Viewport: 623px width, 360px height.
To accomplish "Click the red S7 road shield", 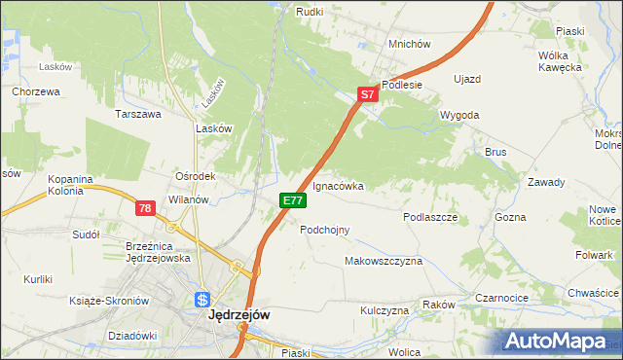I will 366,95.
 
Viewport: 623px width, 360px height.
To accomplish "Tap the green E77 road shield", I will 293,199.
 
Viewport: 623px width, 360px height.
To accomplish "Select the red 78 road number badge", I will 145,208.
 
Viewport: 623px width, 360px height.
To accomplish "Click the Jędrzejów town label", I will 238,315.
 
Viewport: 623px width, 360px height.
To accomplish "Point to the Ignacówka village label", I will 338,185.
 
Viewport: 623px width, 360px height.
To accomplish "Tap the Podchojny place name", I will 325,230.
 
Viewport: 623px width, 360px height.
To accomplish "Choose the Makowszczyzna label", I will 384,262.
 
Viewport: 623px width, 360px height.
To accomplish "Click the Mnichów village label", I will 409,44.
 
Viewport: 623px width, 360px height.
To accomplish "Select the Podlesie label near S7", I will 401,85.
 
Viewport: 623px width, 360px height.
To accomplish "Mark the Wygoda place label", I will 459,115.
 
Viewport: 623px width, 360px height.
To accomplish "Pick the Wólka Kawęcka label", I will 560,61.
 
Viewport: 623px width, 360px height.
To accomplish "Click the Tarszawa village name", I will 137,114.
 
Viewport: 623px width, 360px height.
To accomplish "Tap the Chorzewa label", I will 36,91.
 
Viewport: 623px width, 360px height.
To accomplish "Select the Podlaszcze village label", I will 430,218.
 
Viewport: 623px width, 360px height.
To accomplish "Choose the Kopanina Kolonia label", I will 70,185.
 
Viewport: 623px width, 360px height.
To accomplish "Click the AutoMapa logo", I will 559,342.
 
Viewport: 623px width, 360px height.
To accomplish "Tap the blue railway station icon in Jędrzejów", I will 202,300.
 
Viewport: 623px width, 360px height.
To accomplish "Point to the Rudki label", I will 310,11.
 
